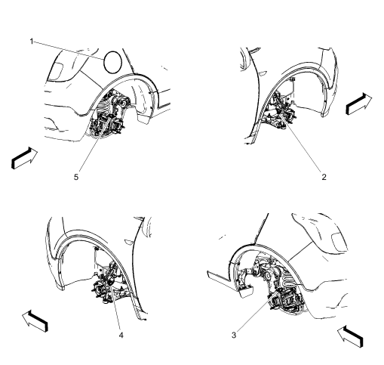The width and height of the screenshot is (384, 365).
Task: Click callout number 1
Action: point(30,41)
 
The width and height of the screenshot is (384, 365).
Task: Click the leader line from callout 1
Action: point(72,49)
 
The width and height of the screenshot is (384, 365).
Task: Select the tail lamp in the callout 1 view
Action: point(57,70)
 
